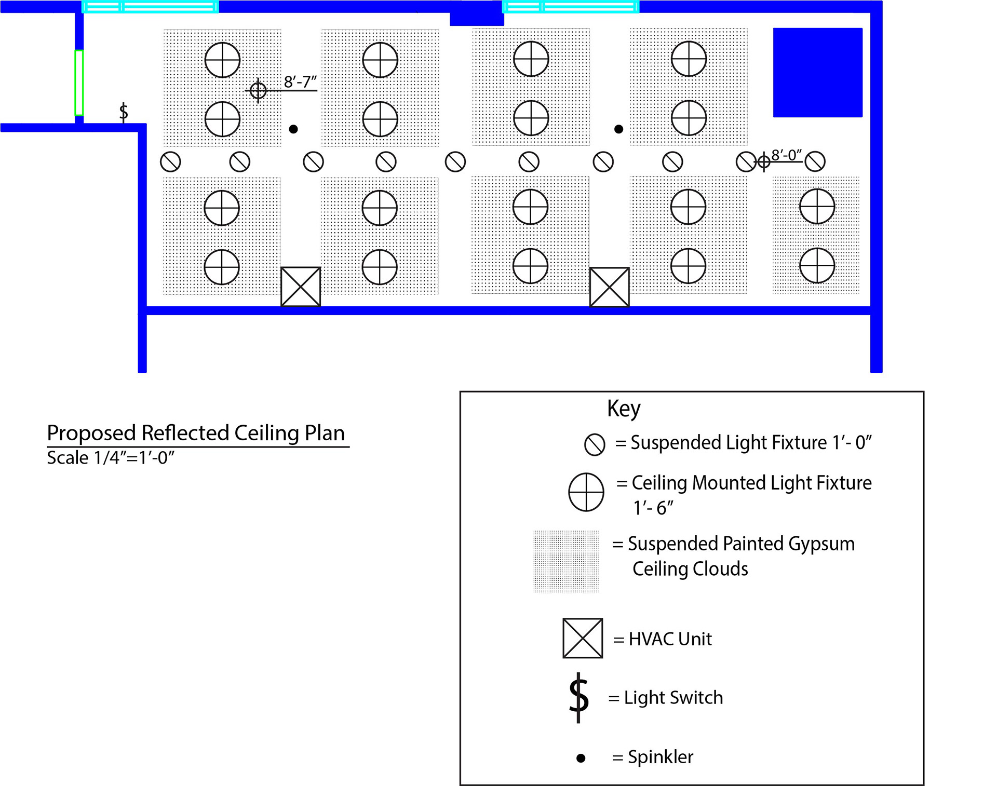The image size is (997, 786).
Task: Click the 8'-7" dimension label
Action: pos(300,82)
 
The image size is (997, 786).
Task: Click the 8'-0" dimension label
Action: pos(786,155)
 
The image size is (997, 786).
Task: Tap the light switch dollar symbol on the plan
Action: pos(124,112)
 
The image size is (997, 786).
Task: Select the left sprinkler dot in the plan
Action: pos(293,129)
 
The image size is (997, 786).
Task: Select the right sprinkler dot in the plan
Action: pos(618,129)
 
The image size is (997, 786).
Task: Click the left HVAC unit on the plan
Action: pos(301,287)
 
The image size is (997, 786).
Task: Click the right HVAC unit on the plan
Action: pos(610,287)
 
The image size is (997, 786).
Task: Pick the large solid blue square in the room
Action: pos(817,73)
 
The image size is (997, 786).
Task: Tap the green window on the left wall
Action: pos(79,82)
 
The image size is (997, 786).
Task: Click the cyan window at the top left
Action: pos(150,7)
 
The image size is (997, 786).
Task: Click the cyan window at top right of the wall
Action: pos(570,7)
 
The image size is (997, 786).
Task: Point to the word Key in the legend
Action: pos(624,409)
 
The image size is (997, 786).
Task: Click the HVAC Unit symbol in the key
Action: pos(583,638)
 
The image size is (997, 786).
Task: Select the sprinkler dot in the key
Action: pos(581,758)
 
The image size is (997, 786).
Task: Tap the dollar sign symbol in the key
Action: pos(578,697)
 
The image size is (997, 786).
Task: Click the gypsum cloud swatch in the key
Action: pos(566,561)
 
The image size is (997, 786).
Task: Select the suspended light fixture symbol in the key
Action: pos(595,444)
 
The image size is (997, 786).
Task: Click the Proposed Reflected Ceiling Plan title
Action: pos(196,433)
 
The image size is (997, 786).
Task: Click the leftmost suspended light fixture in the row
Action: pos(170,162)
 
